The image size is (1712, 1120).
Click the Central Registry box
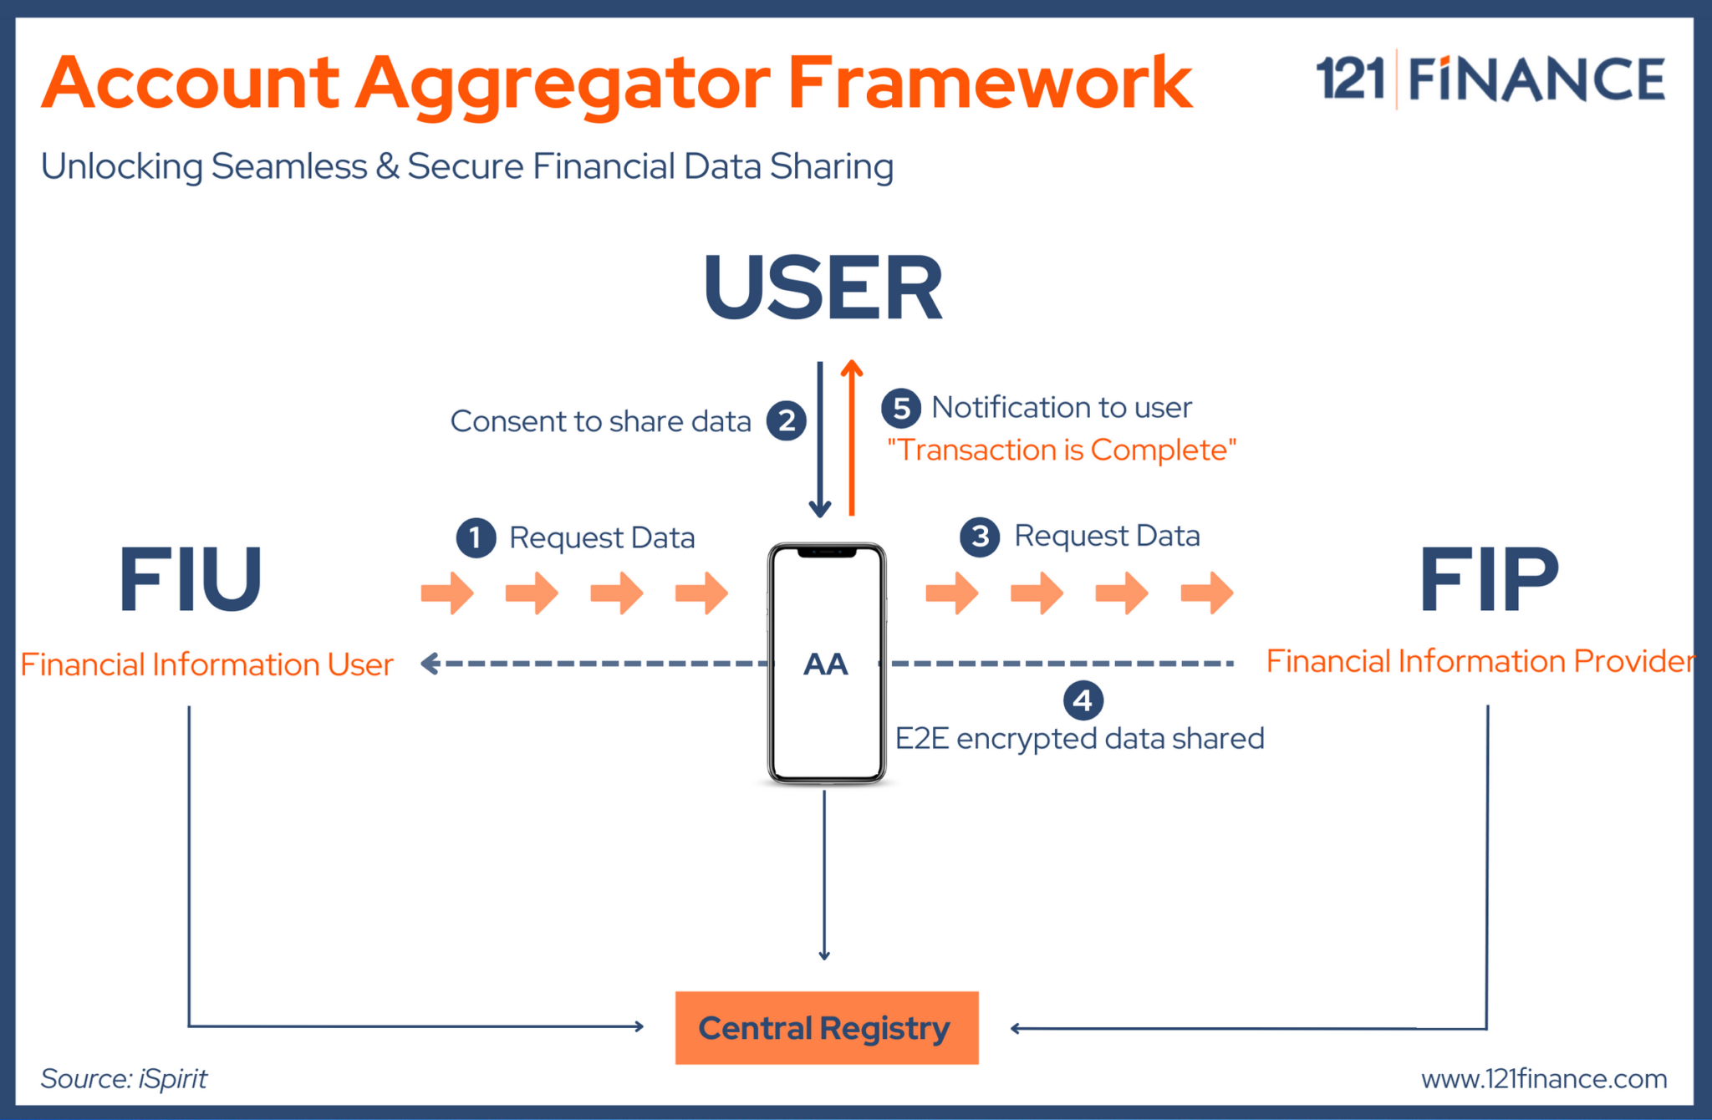point(826,1027)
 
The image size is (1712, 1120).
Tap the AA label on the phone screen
point(826,664)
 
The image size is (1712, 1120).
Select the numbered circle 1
point(476,537)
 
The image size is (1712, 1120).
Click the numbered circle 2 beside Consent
point(787,420)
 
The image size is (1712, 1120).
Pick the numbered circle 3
point(980,537)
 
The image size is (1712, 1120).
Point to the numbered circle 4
point(1083,700)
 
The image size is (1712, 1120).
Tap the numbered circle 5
point(900,408)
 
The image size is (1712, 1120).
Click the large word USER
point(823,288)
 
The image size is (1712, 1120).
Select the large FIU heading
point(190,579)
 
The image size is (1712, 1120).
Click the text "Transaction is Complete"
point(1061,451)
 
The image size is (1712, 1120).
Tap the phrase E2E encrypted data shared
point(1078,739)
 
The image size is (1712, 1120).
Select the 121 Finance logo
point(1490,79)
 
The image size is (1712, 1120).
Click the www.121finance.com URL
point(1543,1079)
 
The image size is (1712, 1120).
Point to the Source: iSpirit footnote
point(124,1079)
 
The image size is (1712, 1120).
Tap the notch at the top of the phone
point(827,552)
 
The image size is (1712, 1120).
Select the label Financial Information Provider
point(1480,661)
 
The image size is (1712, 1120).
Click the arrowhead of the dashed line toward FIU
point(429,664)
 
